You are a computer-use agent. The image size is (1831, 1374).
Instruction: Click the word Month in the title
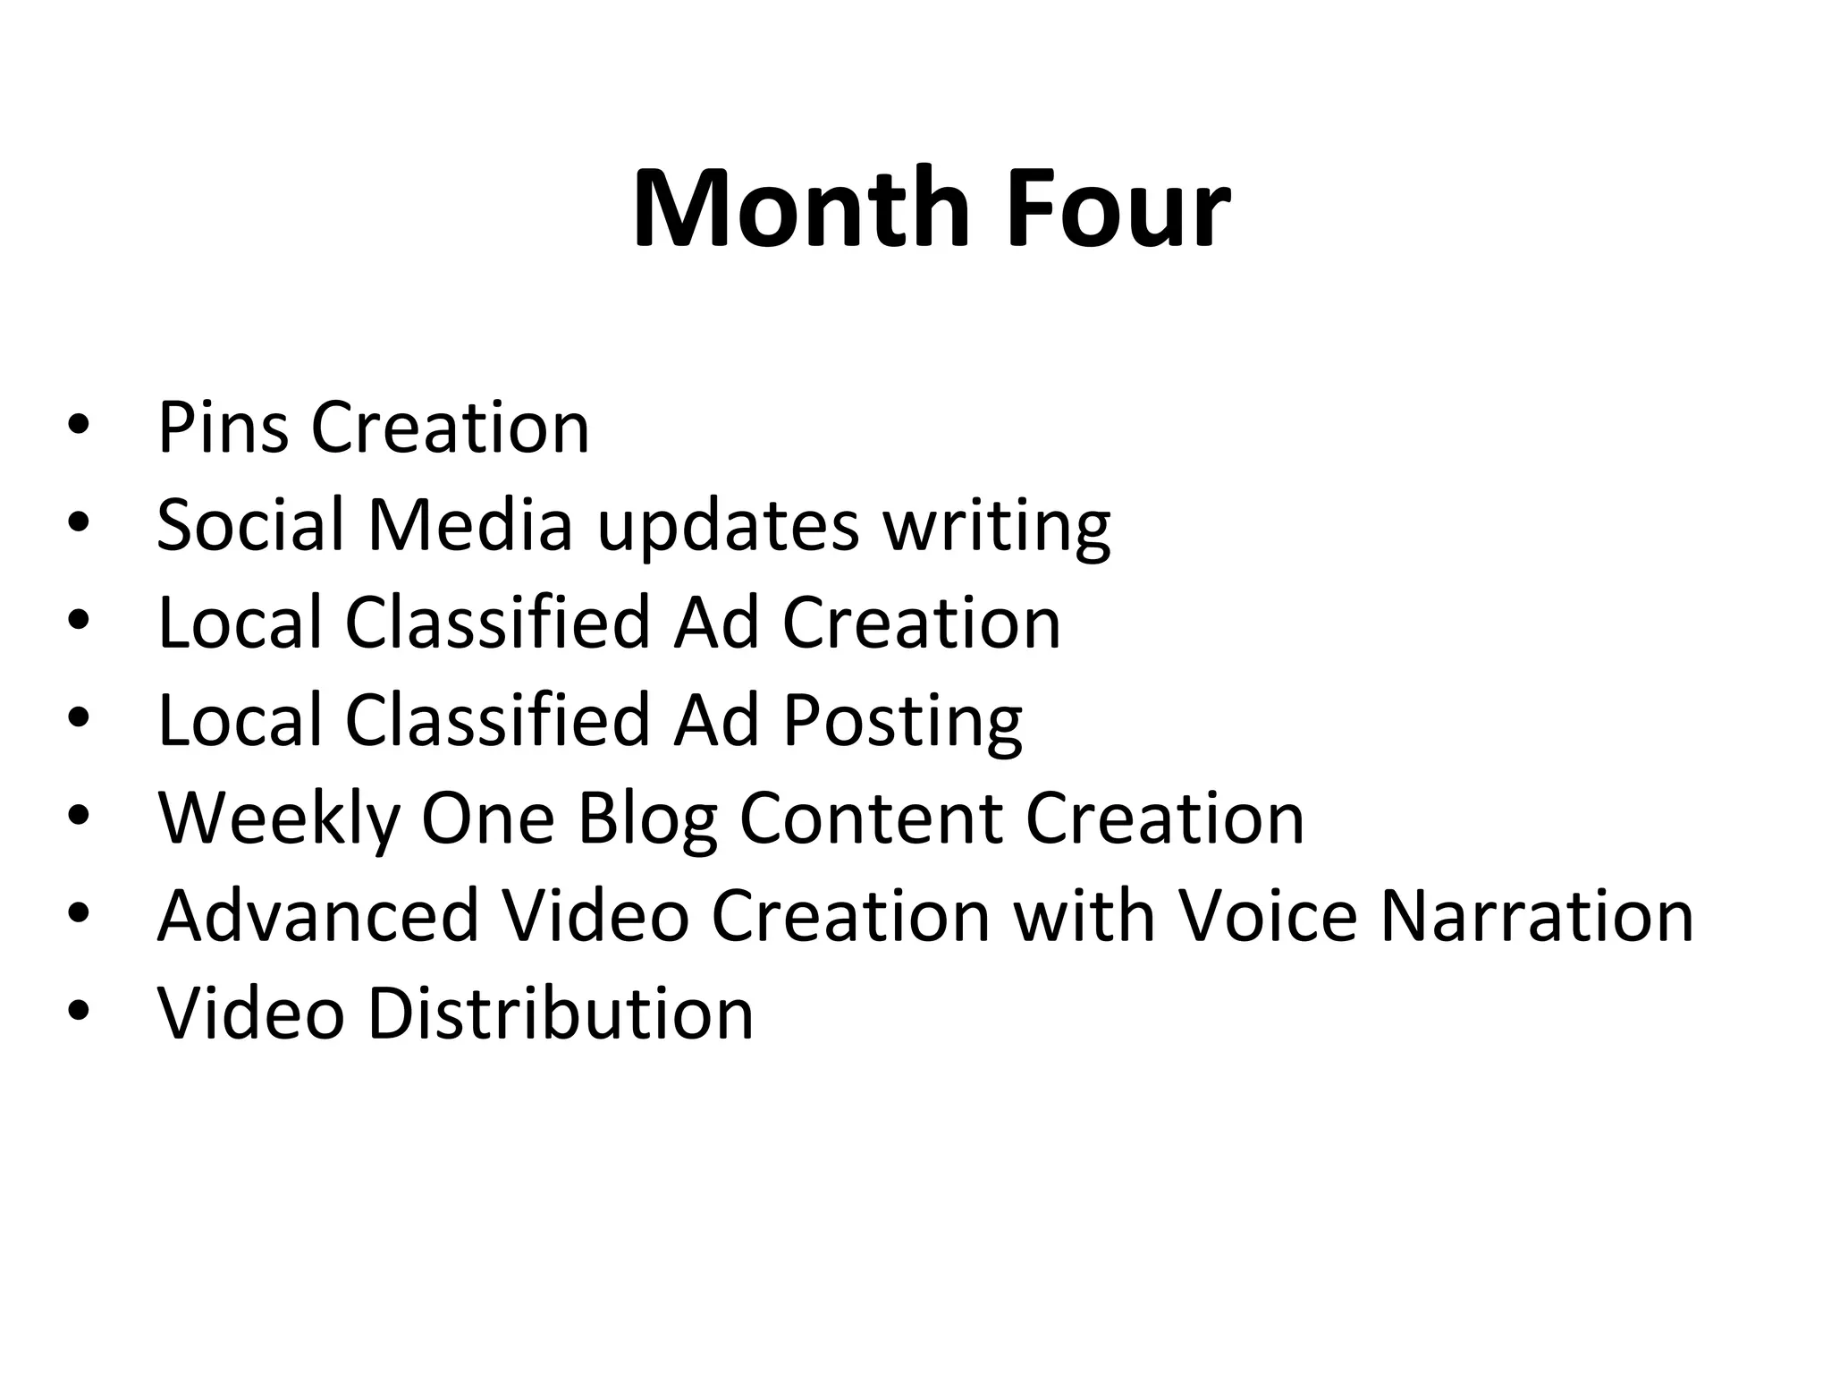(801, 209)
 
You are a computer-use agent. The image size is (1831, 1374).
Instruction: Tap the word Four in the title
(1118, 209)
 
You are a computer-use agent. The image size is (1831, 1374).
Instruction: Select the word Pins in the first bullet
(223, 428)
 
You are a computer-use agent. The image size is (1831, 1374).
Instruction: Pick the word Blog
(647, 820)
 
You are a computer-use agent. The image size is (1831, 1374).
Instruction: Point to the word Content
(871, 818)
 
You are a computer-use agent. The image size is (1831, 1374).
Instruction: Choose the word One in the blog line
(488, 818)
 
